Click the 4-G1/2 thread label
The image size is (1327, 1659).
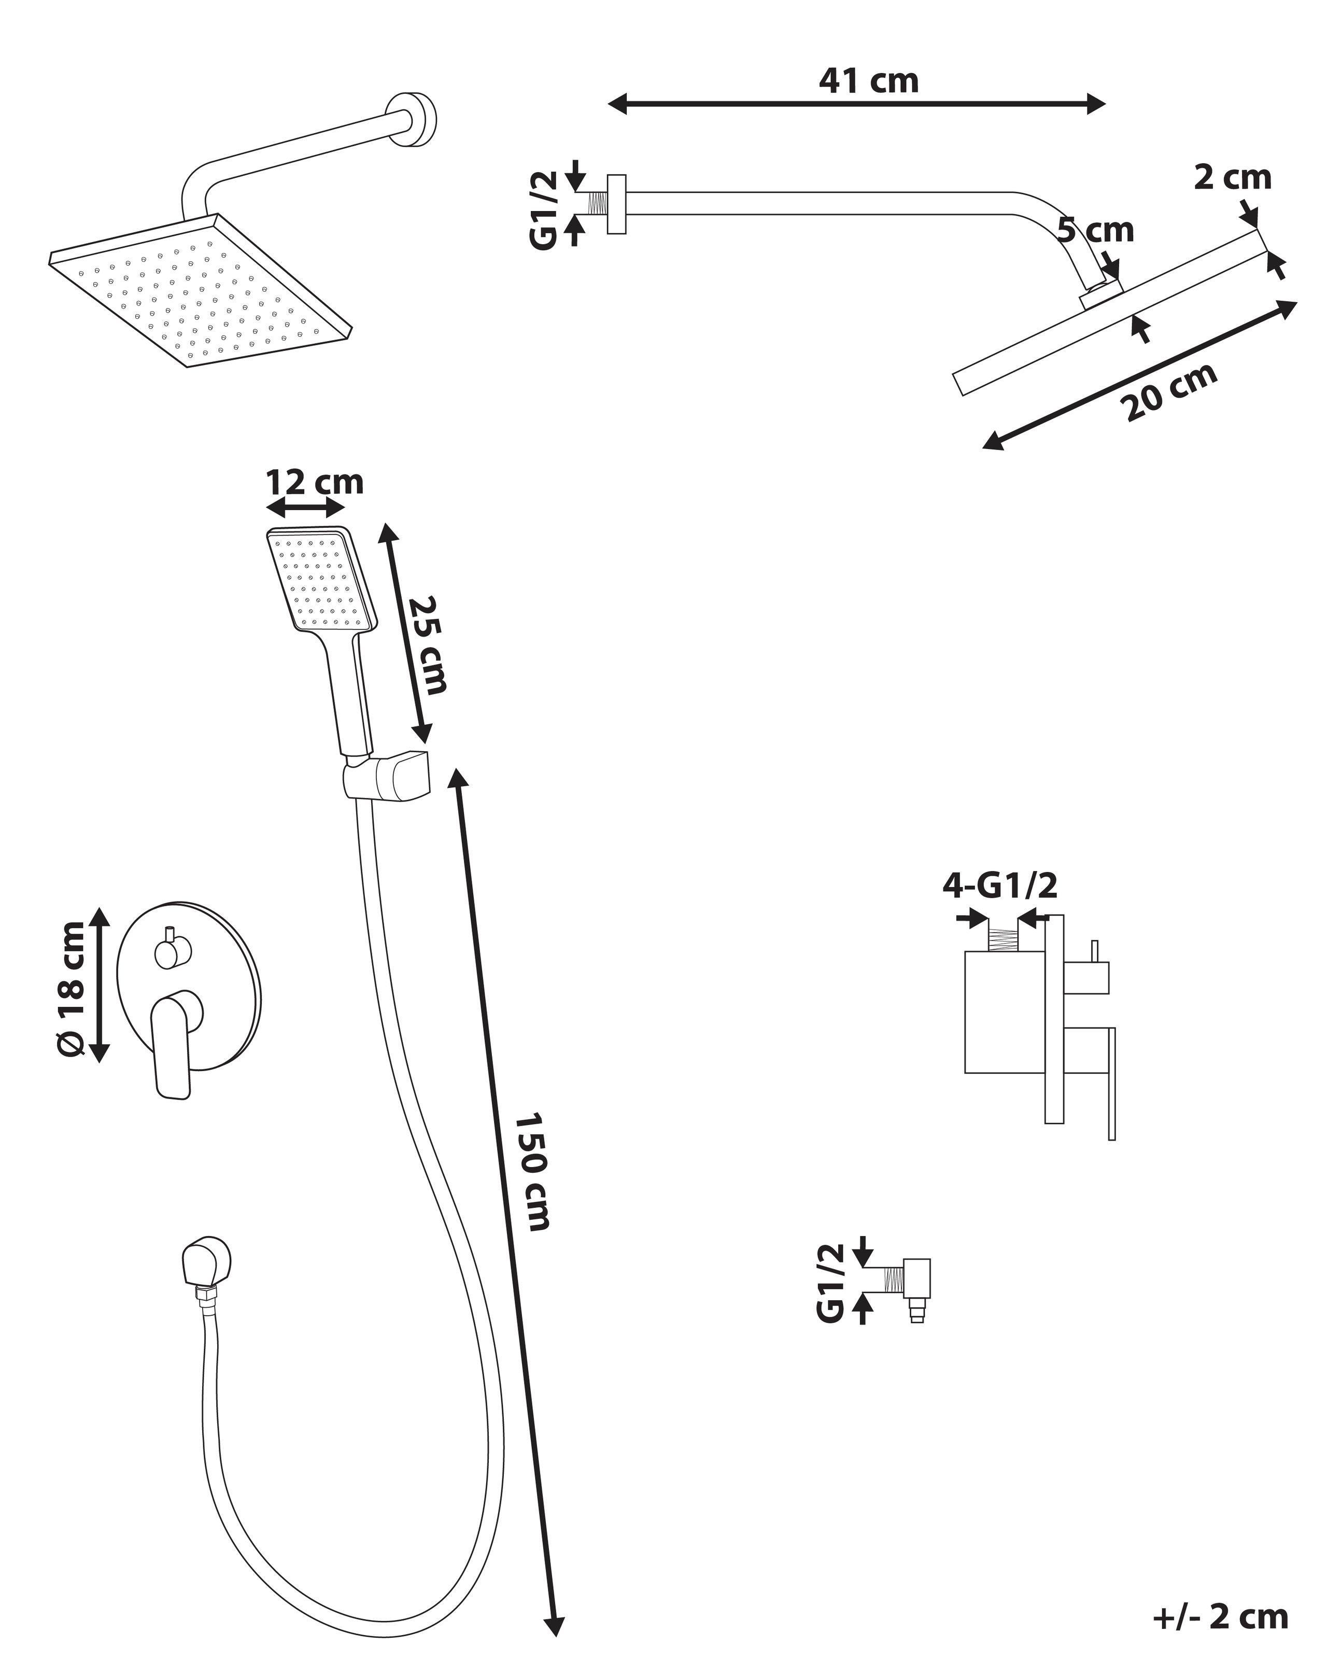tap(999, 885)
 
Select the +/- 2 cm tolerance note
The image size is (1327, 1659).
tap(1219, 1616)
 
